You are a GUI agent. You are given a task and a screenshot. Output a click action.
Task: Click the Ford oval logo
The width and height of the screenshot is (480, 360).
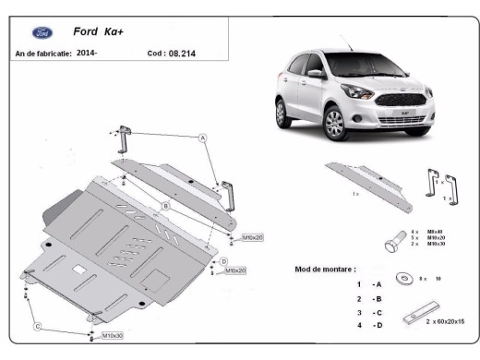(42, 32)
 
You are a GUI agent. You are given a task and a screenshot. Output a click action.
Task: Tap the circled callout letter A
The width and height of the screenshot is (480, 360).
(202, 138)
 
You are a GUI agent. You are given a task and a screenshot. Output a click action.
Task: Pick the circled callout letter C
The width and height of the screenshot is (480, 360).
(37, 327)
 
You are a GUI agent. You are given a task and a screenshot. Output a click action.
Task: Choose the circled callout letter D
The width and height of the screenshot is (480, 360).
(223, 262)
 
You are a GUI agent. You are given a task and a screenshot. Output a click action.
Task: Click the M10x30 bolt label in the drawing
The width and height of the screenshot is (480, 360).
(114, 335)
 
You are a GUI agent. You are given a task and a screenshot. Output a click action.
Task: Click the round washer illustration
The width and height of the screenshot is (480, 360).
(403, 278)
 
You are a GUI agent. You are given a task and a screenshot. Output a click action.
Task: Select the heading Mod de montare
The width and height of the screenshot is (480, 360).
(325, 269)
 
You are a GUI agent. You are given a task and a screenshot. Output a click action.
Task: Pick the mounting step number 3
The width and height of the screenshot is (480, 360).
(358, 313)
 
